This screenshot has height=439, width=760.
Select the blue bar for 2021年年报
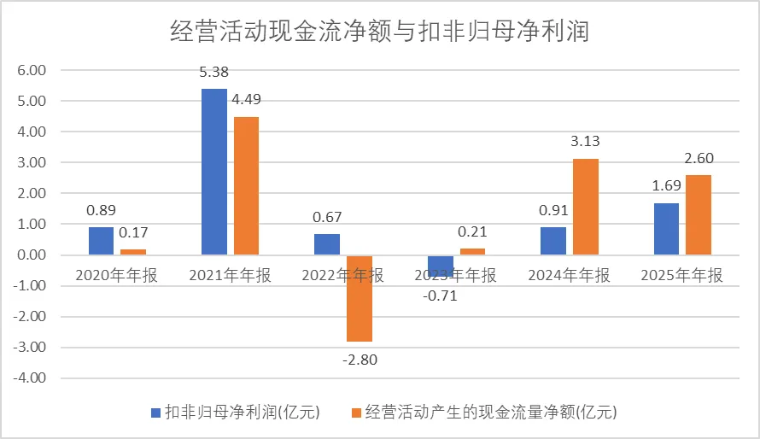pos(213,172)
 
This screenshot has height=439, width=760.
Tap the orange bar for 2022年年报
pos(359,298)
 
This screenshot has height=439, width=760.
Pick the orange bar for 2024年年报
pos(586,207)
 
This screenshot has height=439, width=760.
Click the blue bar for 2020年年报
pos(101,241)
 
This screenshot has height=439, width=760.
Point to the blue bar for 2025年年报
pos(666,229)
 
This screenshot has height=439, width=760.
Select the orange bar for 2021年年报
pos(246,185)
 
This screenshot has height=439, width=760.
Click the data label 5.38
pos(213,73)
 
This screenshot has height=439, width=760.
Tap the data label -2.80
pos(359,359)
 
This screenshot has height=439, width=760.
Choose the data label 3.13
pos(586,142)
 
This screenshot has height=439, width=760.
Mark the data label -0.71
pos(441,296)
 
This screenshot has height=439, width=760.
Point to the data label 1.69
pos(666,186)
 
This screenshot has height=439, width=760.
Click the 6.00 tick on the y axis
pos(31,70)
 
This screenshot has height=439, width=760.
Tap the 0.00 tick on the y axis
pos(31,255)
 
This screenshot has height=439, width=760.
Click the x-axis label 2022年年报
pos(343,275)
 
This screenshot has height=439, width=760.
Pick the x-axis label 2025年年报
pos(681,275)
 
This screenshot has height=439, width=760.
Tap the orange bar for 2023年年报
pos(473,251)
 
